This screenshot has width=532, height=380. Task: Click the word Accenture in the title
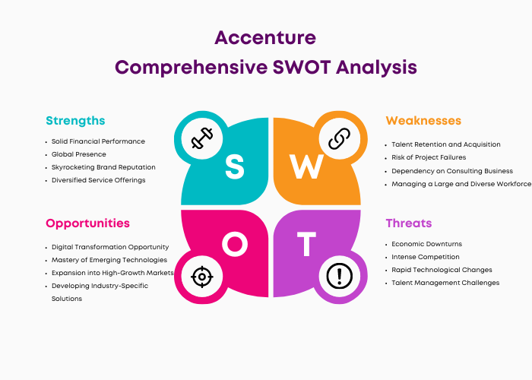(265, 38)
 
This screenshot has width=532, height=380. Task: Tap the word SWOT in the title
(302, 67)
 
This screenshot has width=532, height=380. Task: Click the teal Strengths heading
(75, 121)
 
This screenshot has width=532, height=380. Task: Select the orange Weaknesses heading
(423, 120)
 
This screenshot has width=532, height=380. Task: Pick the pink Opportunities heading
(87, 223)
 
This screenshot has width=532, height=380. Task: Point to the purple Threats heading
(409, 223)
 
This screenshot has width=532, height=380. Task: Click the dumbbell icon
(202, 138)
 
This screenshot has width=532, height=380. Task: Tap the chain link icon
(339, 138)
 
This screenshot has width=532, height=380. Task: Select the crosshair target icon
(202, 277)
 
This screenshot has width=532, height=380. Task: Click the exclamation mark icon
(339, 276)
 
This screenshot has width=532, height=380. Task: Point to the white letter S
(234, 166)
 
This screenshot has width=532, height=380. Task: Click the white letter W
(306, 166)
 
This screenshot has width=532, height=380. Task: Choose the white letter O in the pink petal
(235, 244)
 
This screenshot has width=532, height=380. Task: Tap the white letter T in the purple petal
(307, 244)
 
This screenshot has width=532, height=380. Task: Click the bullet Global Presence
(79, 154)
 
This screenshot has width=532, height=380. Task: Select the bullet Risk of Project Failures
(429, 157)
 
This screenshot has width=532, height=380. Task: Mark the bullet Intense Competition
(426, 257)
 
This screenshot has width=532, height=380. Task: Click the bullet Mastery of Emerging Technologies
(109, 260)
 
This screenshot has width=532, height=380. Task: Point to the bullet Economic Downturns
(427, 244)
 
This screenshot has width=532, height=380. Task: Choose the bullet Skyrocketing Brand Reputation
(103, 167)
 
